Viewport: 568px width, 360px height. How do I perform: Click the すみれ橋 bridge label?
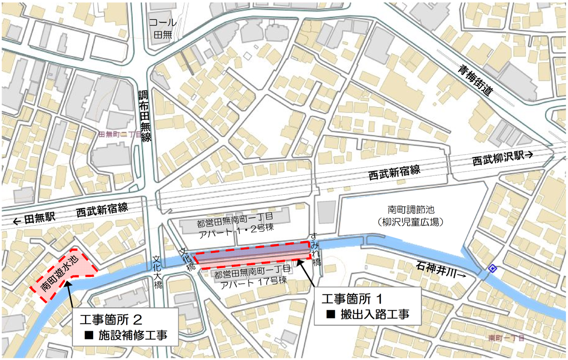click(317, 248)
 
